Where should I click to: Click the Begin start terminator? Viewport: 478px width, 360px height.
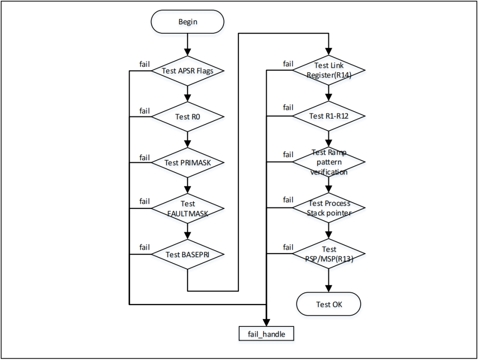click(188, 22)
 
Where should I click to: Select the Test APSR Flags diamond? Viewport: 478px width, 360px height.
click(188, 71)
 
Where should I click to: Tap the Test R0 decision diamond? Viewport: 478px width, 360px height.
click(188, 117)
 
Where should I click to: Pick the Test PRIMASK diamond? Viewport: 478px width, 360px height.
click(188, 163)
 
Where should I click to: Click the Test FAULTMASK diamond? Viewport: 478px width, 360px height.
click(188, 208)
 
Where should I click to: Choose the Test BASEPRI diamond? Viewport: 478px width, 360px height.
click(188, 254)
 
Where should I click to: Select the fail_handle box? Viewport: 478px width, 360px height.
click(266, 333)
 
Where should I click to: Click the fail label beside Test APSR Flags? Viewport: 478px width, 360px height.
click(145, 64)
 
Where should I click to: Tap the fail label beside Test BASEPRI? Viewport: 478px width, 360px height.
click(145, 247)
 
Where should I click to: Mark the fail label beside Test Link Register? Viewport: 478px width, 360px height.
click(288, 64)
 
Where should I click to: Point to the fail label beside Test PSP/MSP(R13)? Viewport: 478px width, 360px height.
click(288, 247)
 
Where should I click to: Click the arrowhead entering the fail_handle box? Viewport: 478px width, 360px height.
click(266, 323)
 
